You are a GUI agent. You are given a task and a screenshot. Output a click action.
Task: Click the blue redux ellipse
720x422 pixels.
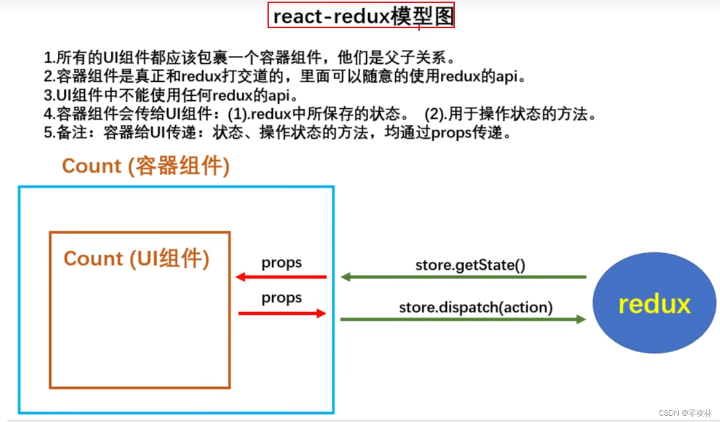(654, 305)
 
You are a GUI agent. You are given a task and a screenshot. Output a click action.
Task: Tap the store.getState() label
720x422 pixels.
(470, 264)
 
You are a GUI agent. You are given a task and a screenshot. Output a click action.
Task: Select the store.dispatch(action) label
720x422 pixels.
(475, 307)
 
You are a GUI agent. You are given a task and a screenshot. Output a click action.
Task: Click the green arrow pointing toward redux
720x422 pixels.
(463, 319)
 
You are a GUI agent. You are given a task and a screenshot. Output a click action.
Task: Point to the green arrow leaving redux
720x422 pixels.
(463, 277)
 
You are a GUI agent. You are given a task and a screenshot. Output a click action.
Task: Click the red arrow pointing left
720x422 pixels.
(281, 277)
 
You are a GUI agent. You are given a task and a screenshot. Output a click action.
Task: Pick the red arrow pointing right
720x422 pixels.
(282, 313)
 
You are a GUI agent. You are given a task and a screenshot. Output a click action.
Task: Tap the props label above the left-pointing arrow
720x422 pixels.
(281, 263)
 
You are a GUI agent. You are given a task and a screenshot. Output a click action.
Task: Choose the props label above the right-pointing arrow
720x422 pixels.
(281, 298)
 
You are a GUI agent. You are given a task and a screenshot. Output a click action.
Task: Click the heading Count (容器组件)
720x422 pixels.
(145, 166)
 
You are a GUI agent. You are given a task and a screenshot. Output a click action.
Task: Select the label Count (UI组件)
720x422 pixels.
(136, 259)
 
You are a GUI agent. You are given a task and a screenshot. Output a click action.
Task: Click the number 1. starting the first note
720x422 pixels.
(49, 57)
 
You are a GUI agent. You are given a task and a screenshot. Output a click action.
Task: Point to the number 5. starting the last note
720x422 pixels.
(49, 133)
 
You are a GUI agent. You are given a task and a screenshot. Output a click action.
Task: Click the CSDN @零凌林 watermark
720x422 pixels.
(685, 412)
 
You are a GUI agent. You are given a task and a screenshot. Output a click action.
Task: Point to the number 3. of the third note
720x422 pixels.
(49, 96)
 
